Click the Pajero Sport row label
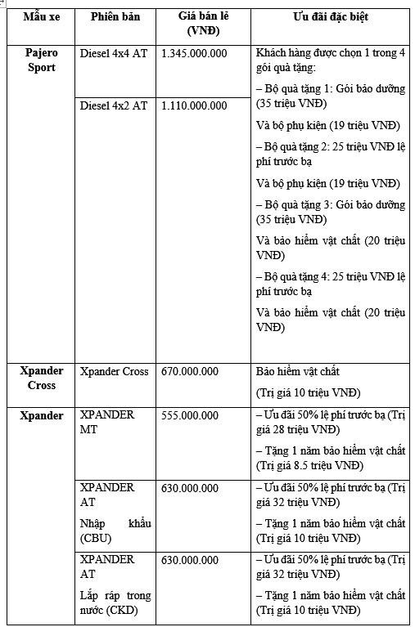point(41,60)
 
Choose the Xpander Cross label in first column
point(41,378)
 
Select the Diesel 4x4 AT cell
point(114,53)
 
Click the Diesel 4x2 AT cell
point(114,105)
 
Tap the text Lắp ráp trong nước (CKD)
point(115,603)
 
